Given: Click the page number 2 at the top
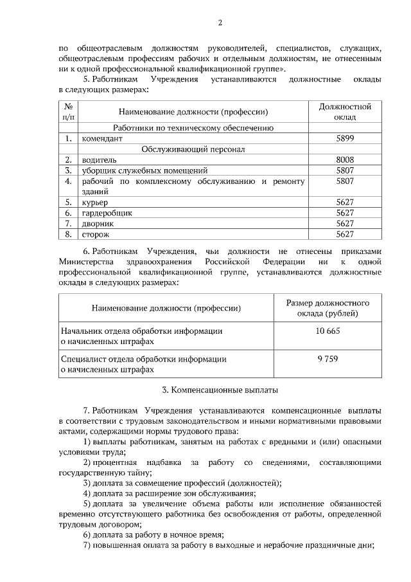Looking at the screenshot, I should [x=220, y=24].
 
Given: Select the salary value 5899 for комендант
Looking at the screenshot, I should [x=345, y=138].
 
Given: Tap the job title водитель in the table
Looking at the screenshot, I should [x=98, y=159].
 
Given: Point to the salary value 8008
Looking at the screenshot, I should [x=345, y=159].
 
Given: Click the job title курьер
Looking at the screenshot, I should [x=95, y=202].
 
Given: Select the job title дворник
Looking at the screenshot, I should [x=98, y=223].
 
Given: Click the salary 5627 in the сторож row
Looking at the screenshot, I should [x=345, y=234].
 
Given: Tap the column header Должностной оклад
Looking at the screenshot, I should [x=345, y=111].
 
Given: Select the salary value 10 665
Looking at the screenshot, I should [x=328, y=331].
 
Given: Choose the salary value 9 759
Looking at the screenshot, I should [x=328, y=359].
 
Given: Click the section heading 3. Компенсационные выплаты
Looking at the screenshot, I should [x=220, y=390].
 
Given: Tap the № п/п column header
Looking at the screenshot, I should [x=67, y=111].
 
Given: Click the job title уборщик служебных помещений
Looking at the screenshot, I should [x=144, y=170].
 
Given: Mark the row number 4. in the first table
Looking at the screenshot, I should [x=67, y=181].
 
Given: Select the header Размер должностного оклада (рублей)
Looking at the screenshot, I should [x=328, y=308].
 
